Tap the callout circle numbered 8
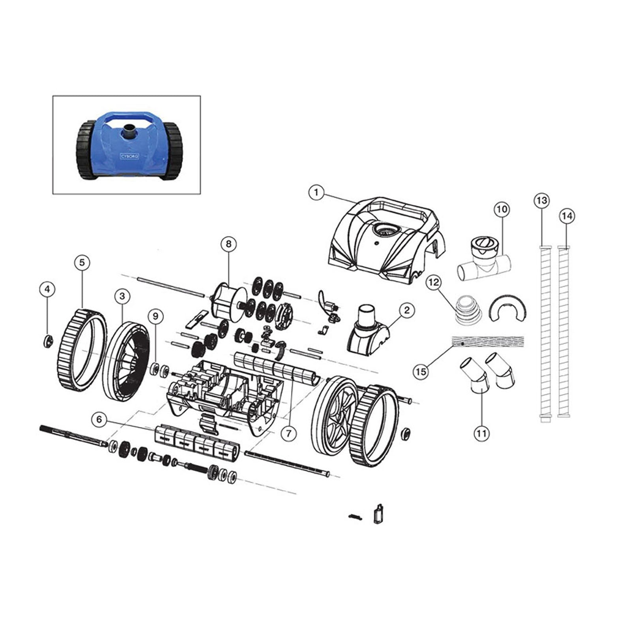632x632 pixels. tap(228, 244)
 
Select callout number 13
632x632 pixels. tap(542, 201)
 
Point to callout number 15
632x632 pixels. tap(421, 371)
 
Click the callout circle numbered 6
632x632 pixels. tap(99, 419)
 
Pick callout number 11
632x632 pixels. tap(482, 434)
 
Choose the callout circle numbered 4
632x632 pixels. tap(47, 290)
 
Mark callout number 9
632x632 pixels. tap(156, 316)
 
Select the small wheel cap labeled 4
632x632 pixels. tap(48, 340)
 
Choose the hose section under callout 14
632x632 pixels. tap(564, 332)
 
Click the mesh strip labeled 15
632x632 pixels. tap(488, 342)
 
